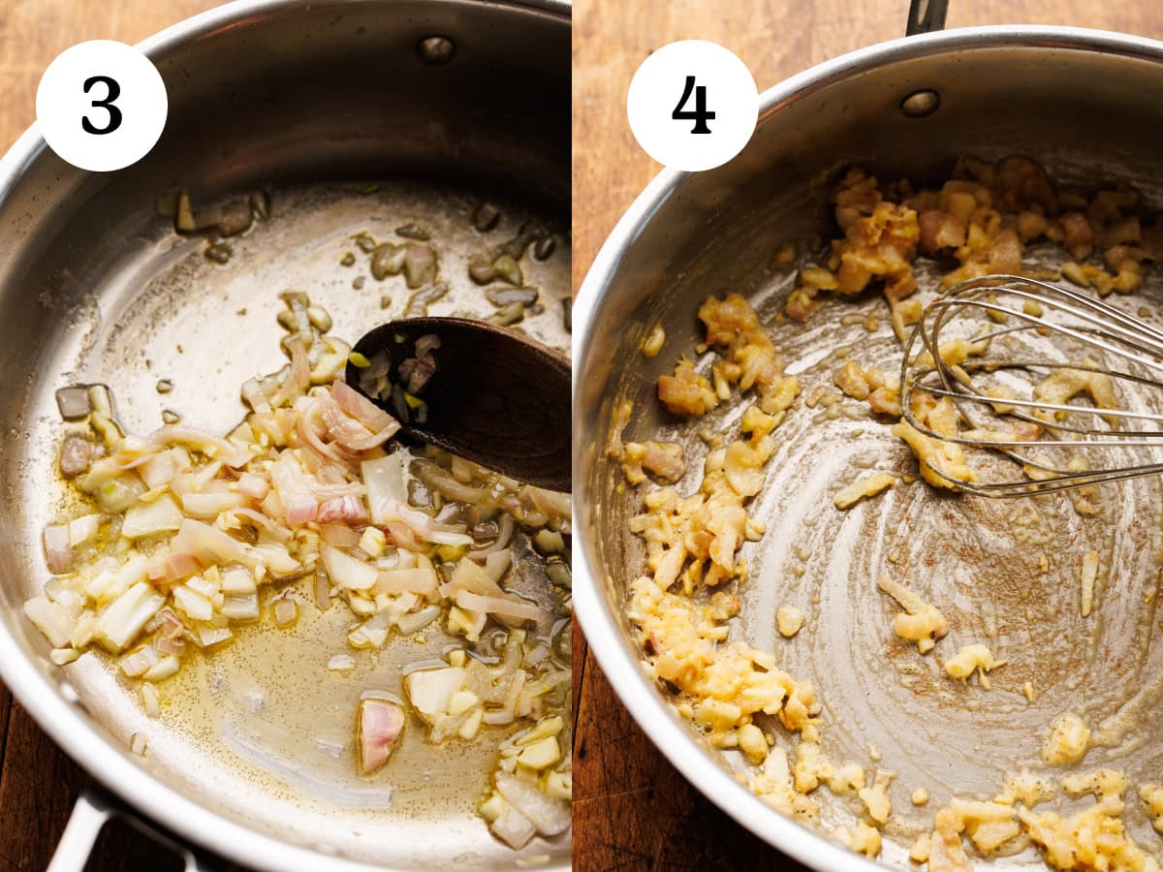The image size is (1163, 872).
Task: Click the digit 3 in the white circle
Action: [102, 105]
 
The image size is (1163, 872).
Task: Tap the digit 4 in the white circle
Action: [693, 105]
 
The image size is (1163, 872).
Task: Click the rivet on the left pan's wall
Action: [435, 49]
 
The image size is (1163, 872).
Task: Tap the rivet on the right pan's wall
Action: [920, 103]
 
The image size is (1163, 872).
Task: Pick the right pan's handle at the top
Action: [927, 15]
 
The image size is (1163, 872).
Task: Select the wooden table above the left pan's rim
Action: [58, 19]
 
